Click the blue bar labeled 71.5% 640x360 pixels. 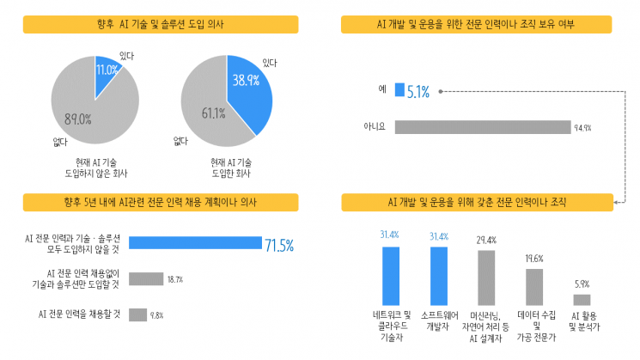tap(194, 243)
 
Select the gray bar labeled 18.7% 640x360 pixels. tap(145, 278)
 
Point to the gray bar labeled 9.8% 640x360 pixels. tap(137, 314)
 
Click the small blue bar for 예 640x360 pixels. tap(399, 88)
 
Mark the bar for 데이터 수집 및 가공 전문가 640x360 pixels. tap(534, 288)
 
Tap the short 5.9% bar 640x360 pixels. tap(582, 300)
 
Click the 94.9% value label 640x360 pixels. tap(582, 128)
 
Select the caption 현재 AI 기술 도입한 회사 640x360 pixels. tap(230, 168)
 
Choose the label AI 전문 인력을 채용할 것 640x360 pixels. tap(79, 314)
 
